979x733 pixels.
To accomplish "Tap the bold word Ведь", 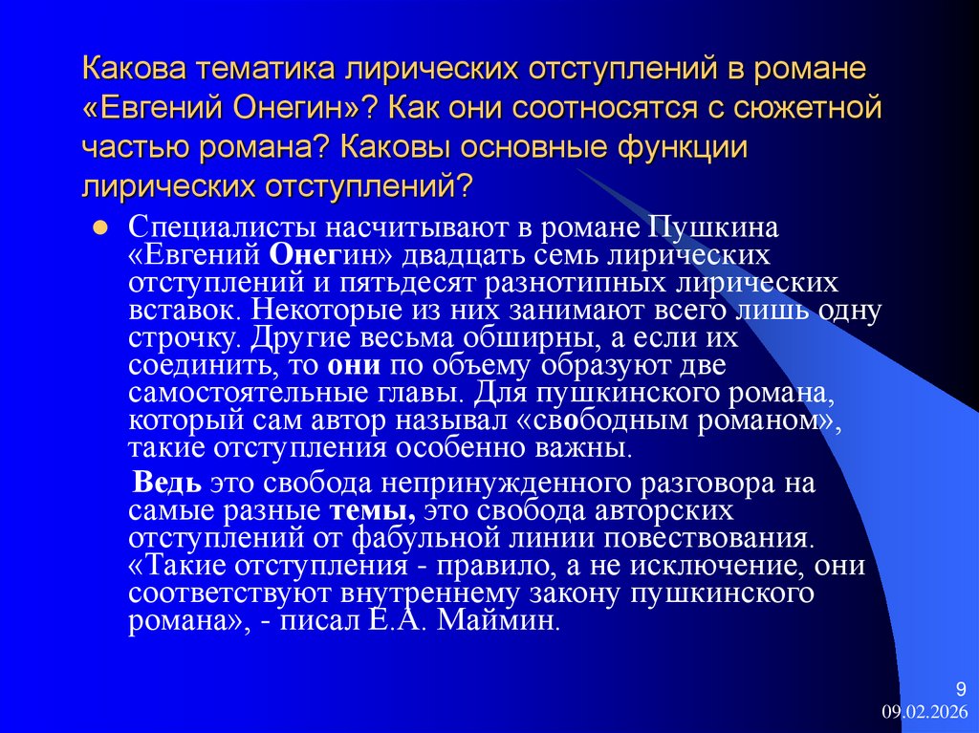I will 170,483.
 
